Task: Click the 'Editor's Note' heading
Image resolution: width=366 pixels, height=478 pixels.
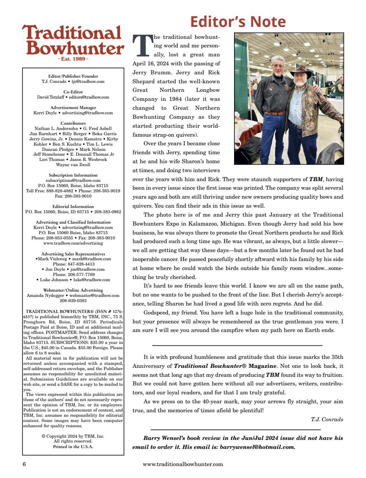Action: click(x=238, y=22)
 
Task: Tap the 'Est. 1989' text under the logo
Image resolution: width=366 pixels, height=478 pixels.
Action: click(x=73, y=59)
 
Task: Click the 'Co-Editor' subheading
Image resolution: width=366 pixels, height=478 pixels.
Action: click(x=73, y=92)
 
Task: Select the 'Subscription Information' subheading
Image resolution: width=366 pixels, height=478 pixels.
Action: click(x=73, y=175)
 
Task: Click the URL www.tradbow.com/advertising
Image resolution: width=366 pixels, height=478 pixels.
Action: click(x=73, y=243)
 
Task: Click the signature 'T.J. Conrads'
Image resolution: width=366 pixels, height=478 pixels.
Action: click(x=327, y=419)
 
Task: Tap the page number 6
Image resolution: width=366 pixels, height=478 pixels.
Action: click(x=24, y=464)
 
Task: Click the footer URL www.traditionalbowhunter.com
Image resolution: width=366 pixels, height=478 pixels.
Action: click(x=183, y=464)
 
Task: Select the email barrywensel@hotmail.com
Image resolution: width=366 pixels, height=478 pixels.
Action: click(x=257, y=447)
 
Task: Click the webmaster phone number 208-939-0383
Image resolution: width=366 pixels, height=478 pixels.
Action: click(x=73, y=301)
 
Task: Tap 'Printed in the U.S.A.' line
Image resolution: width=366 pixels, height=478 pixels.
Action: click(x=73, y=447)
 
